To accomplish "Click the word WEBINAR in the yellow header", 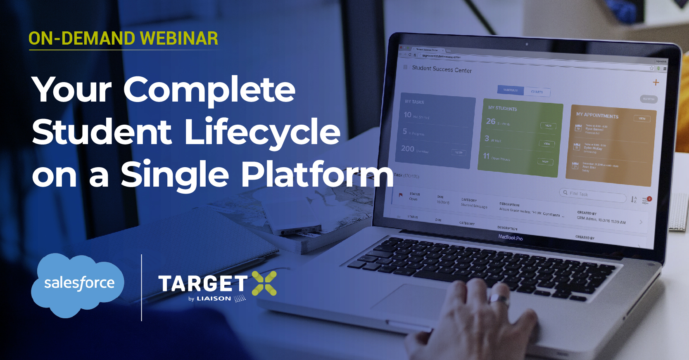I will click(x=179, y=38).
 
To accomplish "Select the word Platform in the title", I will click(x=317, y=175).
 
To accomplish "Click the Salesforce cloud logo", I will click(x=78, y=284).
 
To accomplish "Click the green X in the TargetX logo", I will click(x=264, y=283).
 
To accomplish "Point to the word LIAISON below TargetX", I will click(x=214, y=298).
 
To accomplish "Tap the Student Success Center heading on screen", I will click(x=442, y=69).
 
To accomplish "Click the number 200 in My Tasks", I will click(x=407, y=148).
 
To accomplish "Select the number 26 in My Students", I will click(x=490, y=121).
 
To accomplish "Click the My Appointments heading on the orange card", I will click(x=597, y=115).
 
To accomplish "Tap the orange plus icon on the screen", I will click(x=656, y=82).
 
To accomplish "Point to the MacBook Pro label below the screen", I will click(x=510, y=237).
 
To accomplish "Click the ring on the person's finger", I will click(x=499, y=299).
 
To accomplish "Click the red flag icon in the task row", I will click(x=400, y=194).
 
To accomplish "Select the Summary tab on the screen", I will click(x=510, y=90).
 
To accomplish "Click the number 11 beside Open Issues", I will click(x=486, y=156).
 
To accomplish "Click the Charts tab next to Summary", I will click(x=537, y=92).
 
